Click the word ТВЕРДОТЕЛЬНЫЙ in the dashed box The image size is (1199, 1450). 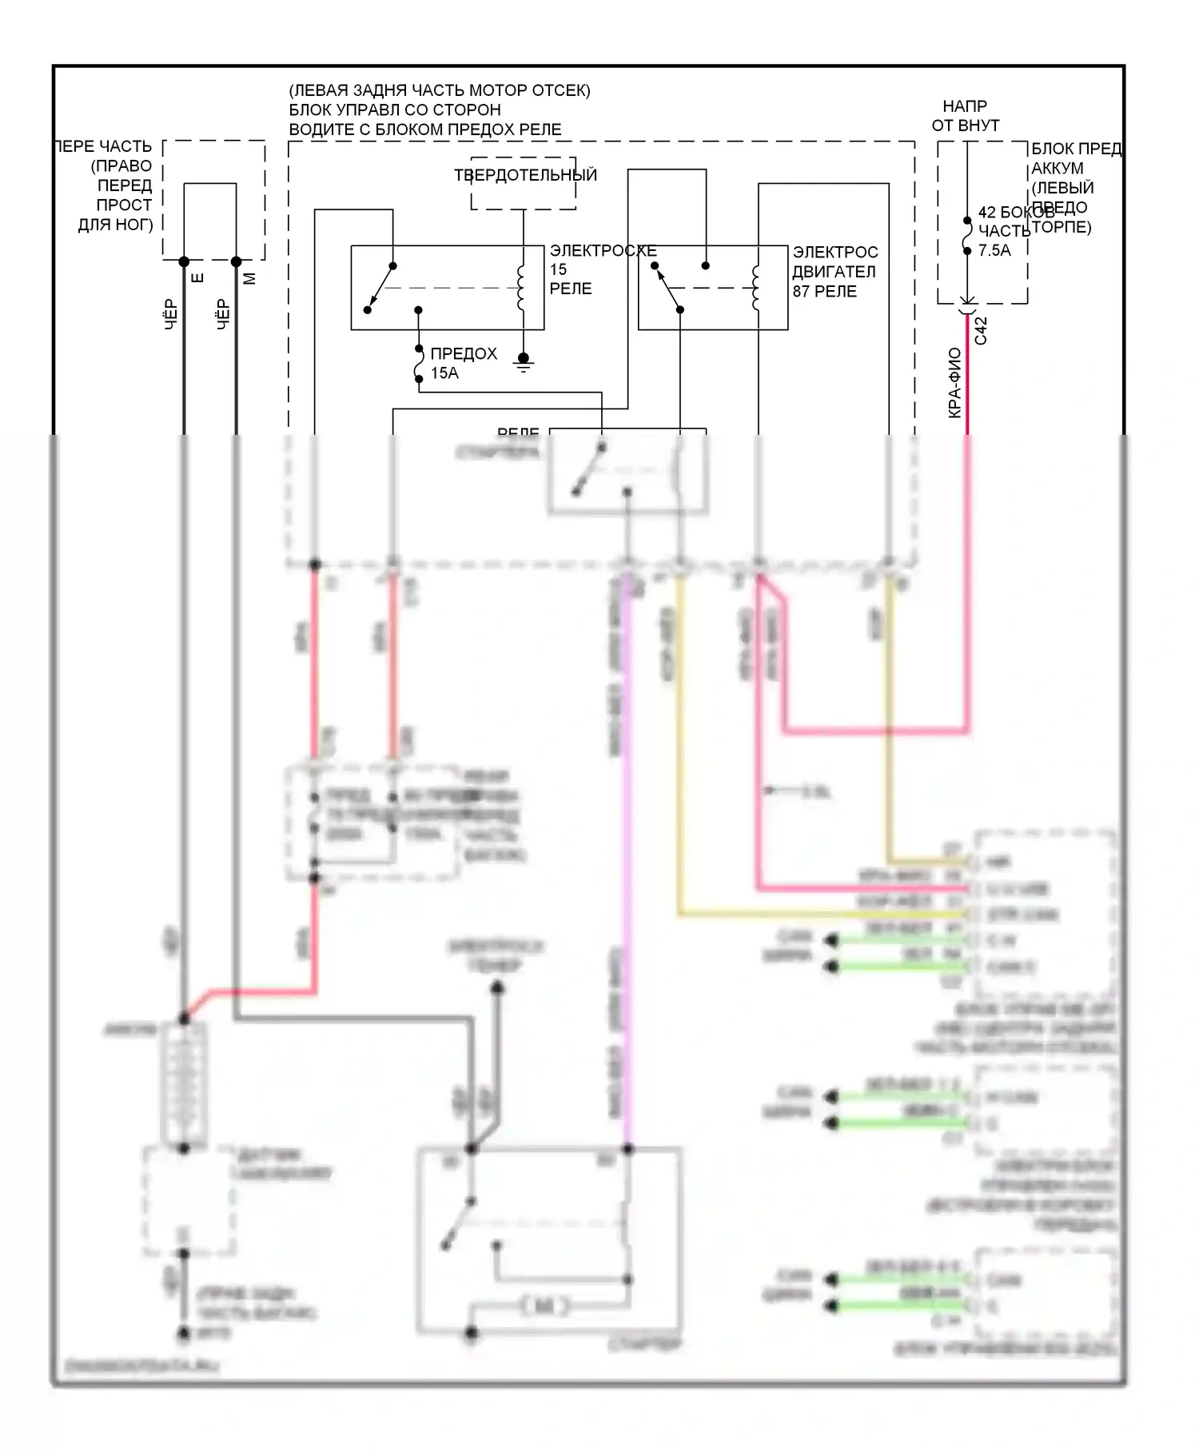tap(525, 175)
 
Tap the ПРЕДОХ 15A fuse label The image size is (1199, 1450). tap(463, 363)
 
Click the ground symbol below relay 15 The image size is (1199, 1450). tap(524, 364)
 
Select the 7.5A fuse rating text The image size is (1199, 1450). tap(994, 250)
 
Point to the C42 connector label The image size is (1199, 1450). tap(982, 331)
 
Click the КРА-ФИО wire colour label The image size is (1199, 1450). tap(954, 383)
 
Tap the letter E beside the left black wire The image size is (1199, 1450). tap(198, 278)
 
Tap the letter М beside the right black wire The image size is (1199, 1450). tap(249, 278)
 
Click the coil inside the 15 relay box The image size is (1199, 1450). tap(521, 288)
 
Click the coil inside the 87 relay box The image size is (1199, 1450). tap(756, 288)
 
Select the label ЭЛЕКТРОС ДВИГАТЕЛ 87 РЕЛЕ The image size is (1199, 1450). tap(835, 272)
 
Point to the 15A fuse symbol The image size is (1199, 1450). tap(419, 364)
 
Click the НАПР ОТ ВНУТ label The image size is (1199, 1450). tap(965, 116)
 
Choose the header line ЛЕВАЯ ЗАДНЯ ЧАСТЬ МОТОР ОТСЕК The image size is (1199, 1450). tap(440, 90)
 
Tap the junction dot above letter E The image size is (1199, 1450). tap(184, 261)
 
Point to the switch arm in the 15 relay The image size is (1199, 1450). tap(380, 288)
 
